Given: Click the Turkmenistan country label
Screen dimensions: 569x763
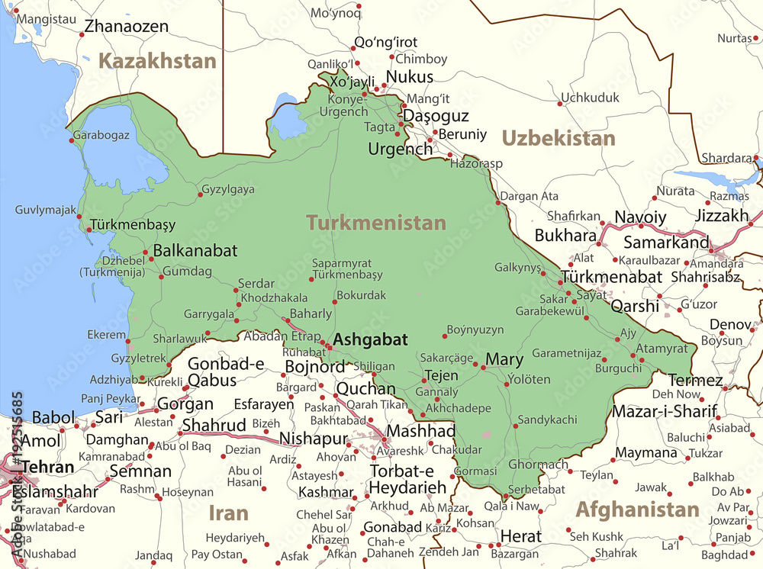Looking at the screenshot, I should [x=376, y=223].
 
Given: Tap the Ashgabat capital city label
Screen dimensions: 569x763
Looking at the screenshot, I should [x=371, y=340].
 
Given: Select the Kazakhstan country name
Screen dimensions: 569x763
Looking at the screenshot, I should [x=159, y=61].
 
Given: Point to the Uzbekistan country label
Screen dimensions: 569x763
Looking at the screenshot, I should [x=558, y=138].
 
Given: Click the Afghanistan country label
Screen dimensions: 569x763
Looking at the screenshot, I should [x=637, y=510].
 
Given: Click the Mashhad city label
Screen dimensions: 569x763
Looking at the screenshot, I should [x=421, y=431].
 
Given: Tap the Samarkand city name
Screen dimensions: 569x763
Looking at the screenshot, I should [x=666, y=243].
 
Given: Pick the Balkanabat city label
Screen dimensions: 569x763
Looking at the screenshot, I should [x=195, y=250].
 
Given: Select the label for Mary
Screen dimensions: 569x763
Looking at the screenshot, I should [x=504, y=359].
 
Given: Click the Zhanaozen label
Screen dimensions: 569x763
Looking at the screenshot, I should [x=126, y=26].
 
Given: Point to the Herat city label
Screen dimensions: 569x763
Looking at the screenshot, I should [x=522, y=536].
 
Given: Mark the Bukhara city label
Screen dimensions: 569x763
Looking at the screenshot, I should [x=565, y=235].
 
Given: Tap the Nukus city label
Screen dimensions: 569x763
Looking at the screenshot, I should [x=410, y=77].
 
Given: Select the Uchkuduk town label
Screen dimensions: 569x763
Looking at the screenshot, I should [x=590, y=98].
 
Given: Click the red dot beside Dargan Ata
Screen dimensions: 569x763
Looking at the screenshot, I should [x=500, y=203].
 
